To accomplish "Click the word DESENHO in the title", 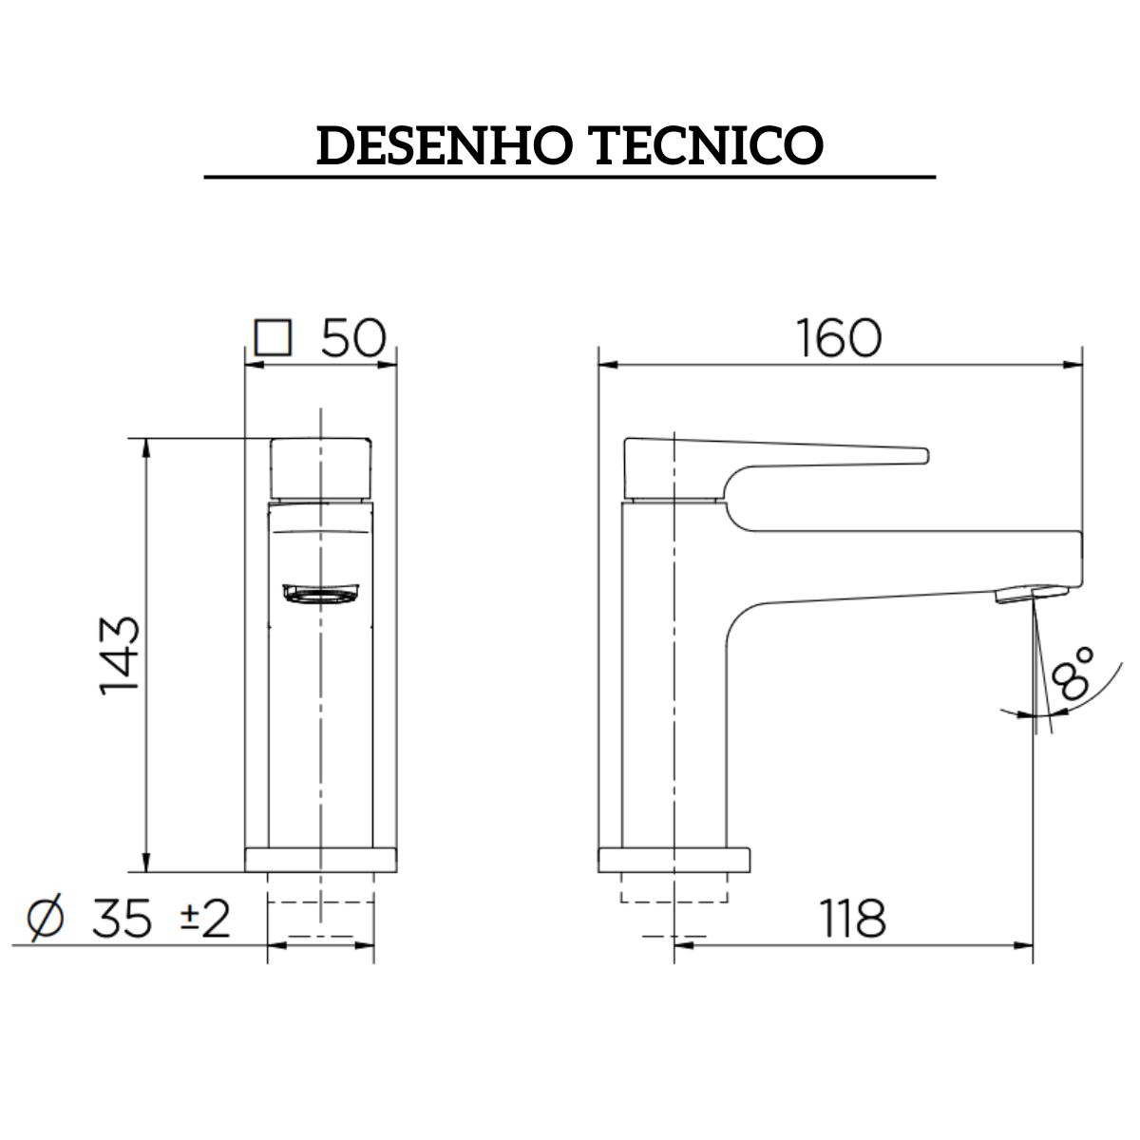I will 444,146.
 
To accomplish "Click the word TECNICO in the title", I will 708,146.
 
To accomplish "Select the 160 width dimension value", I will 839,338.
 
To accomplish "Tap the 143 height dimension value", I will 121,655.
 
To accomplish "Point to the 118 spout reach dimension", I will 852,919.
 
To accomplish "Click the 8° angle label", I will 1073,674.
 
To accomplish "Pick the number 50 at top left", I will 352,338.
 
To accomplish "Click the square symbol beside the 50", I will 273,338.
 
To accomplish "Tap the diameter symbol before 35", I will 46,919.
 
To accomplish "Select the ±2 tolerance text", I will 205,919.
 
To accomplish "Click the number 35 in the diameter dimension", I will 122,919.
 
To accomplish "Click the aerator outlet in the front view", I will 321,595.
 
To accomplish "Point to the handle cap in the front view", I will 321,467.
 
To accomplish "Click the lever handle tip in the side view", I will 912,455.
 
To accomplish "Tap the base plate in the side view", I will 674,860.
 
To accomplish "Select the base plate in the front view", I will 321,860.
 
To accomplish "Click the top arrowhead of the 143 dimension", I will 145,446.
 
